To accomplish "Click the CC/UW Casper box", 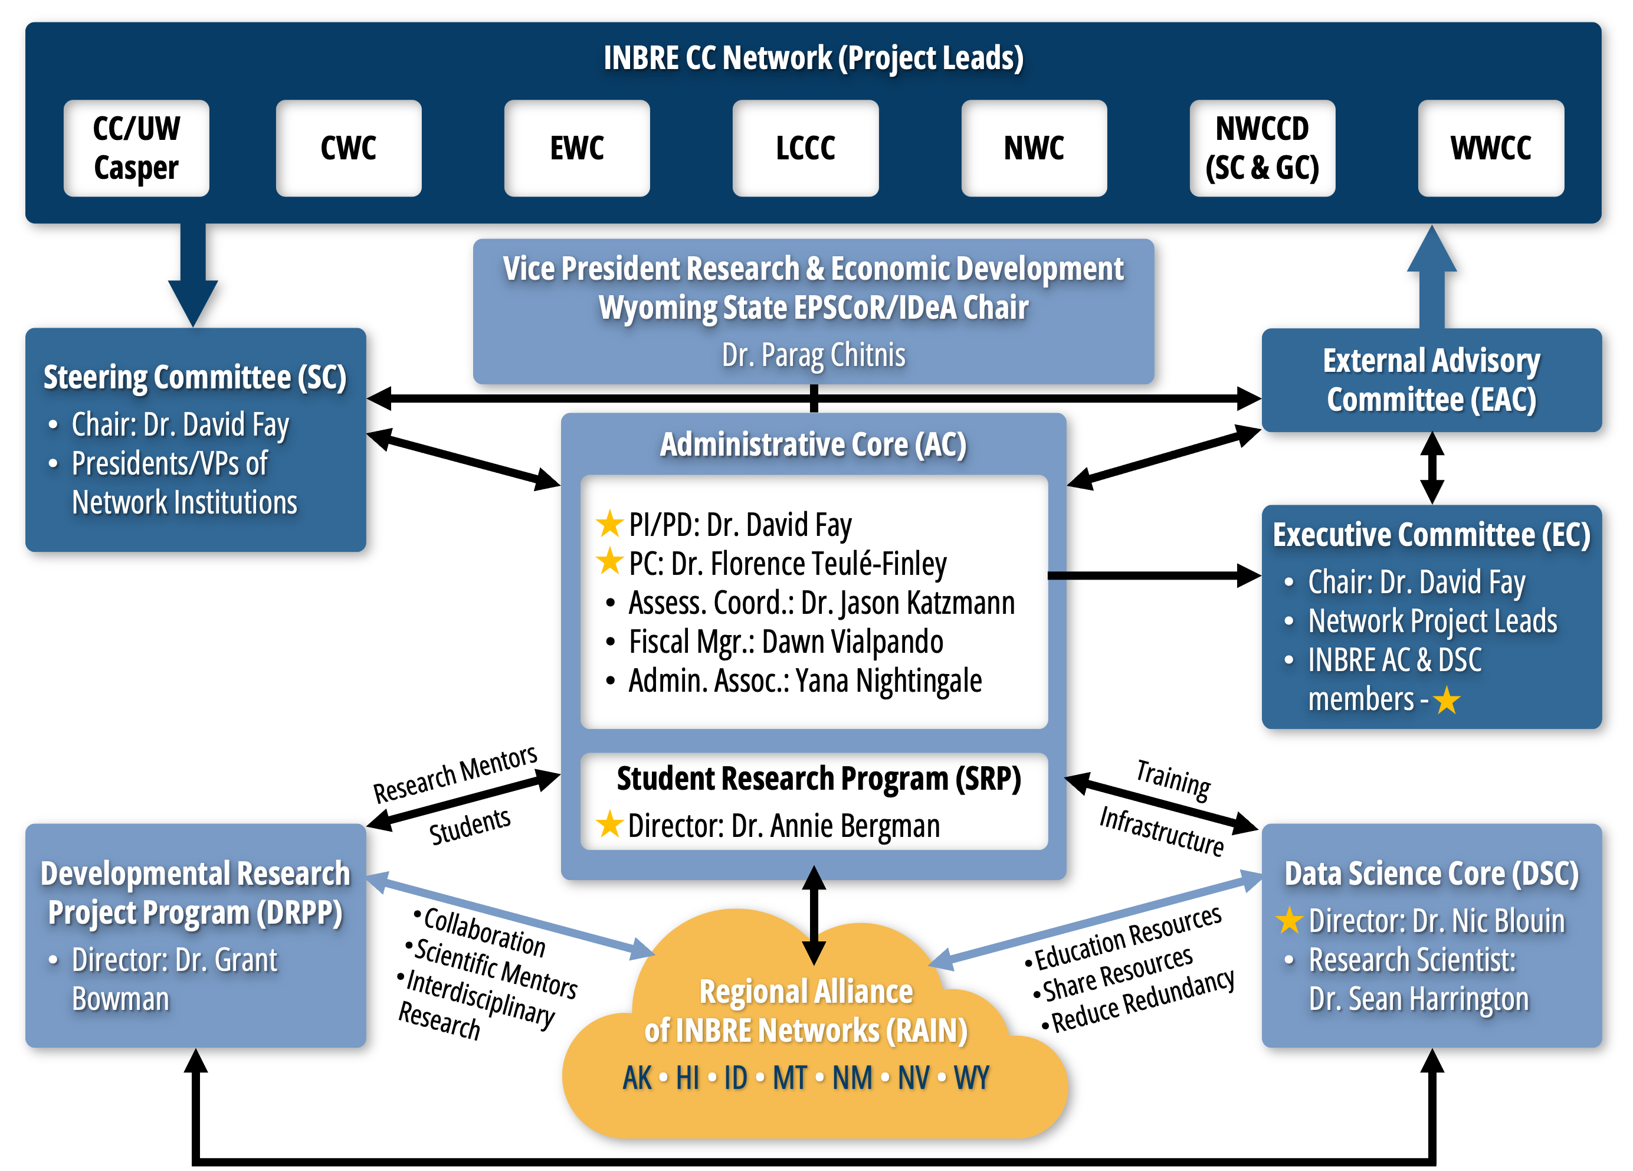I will (x=136, y=148).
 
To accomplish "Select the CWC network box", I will (x=349, y=148).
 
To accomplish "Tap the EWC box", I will (x=577, y=148).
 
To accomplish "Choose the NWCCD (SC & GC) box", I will (x=1261, y=148).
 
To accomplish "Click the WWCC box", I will (x=1490, y=148).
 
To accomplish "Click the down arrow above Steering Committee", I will (x=193, y=277).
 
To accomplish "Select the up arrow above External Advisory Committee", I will (x=1431, y=277).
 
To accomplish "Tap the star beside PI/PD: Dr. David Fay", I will (x=609, y=524).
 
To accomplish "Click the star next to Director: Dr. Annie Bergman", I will (x=609, y=825).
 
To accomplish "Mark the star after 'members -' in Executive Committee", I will (x=1446, y=700).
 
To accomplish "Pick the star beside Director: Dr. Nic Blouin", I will (x=1289, y=920).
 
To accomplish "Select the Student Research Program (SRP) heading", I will (x=818, y=779).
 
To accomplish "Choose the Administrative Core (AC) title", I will (x=813, y=444).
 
